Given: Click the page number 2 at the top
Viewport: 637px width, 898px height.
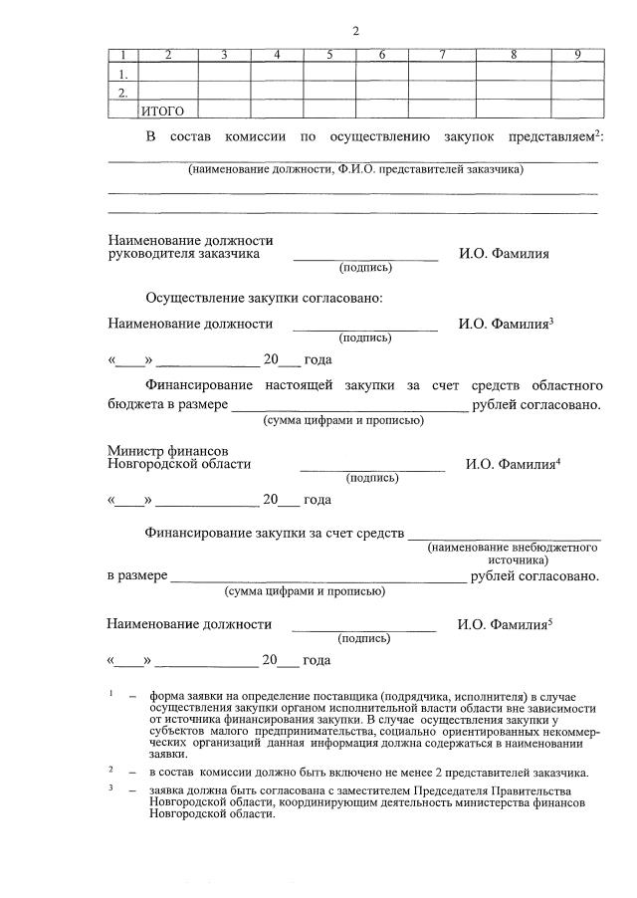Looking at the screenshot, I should click(x=355, y=31).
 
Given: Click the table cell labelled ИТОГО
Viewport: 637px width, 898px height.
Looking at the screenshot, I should click(x=165, y=111).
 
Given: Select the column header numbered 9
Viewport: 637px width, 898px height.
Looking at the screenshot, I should click(x=577, y=55).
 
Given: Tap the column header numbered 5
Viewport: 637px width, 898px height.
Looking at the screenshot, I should click(x=328, y=55).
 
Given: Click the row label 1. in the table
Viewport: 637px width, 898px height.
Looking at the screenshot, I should click(x=122, y=74).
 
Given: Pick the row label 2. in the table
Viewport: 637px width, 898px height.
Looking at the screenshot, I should click(x=122, y=93).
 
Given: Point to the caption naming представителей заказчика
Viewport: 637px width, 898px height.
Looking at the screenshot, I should click(x=355, y=170).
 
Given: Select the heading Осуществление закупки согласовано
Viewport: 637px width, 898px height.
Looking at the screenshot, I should click(x=264, y=298).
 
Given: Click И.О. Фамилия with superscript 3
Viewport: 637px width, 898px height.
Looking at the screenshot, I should click(x=506, y=324).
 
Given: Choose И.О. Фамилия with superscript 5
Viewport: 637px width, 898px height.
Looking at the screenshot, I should click(x=505, y=625).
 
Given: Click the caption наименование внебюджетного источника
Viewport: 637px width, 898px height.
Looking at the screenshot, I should click(x=513, y=555).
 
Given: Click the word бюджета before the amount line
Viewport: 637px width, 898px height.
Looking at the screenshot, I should click(x=136, y=405).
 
